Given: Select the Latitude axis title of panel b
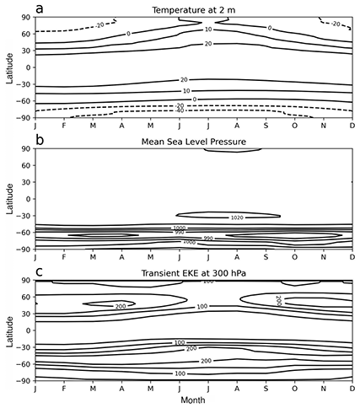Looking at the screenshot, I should click(8, 198).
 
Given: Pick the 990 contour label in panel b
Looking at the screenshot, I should click(208, 238).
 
